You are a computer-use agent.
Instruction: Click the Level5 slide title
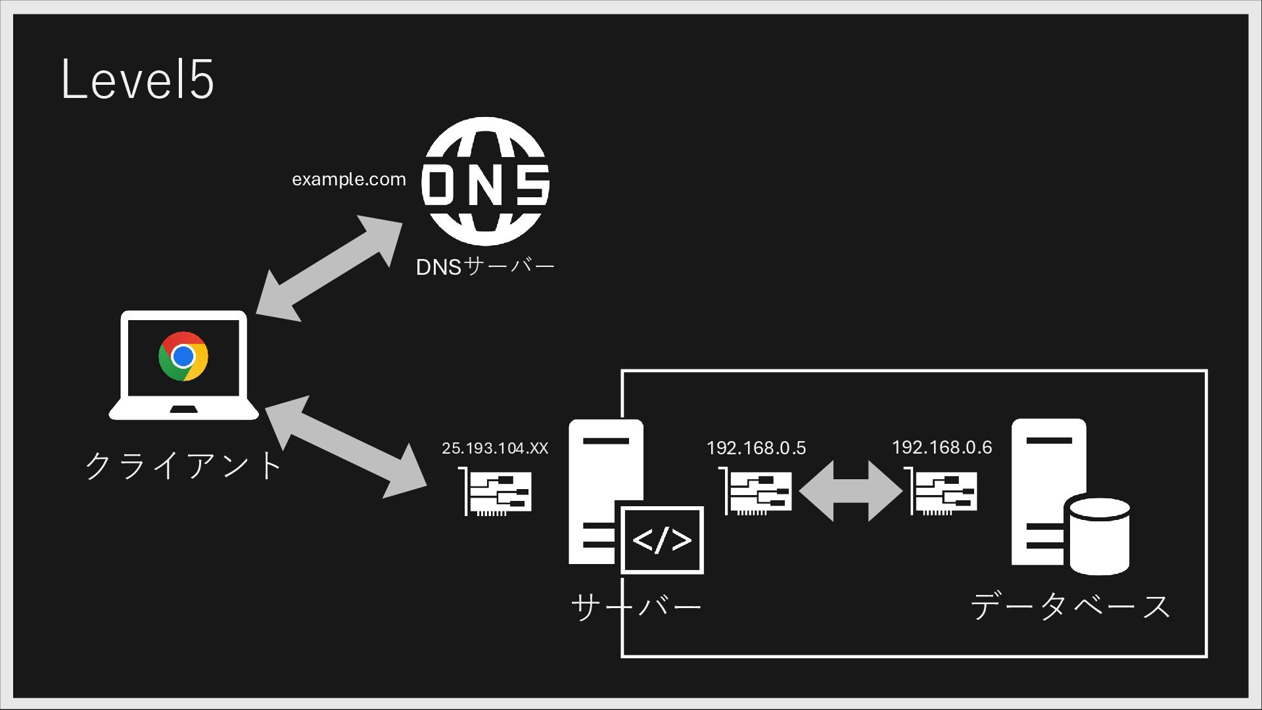click(137, 80)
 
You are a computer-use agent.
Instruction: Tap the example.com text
click(348, 179)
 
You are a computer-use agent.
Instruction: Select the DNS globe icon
click(485, 181)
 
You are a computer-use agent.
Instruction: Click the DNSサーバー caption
click(485, 267)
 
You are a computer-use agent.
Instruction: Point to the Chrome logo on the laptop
click(183, 356)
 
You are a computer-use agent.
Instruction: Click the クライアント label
click(183, 465)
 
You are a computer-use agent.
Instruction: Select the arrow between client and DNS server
click(329, 268)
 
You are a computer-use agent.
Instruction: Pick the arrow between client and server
click(346, 447)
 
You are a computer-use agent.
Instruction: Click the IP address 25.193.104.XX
click(494, 448)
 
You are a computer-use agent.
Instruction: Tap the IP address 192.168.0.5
click(756, 448)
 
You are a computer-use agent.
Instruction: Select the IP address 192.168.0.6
click(941, 448)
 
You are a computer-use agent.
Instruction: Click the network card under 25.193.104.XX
click(496, 492)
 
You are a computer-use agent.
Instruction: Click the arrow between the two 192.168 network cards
click(851, 491)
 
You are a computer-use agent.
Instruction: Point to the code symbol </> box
click(662, 540)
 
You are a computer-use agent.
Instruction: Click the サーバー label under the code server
click(636, 605)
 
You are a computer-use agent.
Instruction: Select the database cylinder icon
click(1100, 536)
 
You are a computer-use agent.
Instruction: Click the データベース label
click(1070, 605)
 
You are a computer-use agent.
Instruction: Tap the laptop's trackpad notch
click(183, 410)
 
